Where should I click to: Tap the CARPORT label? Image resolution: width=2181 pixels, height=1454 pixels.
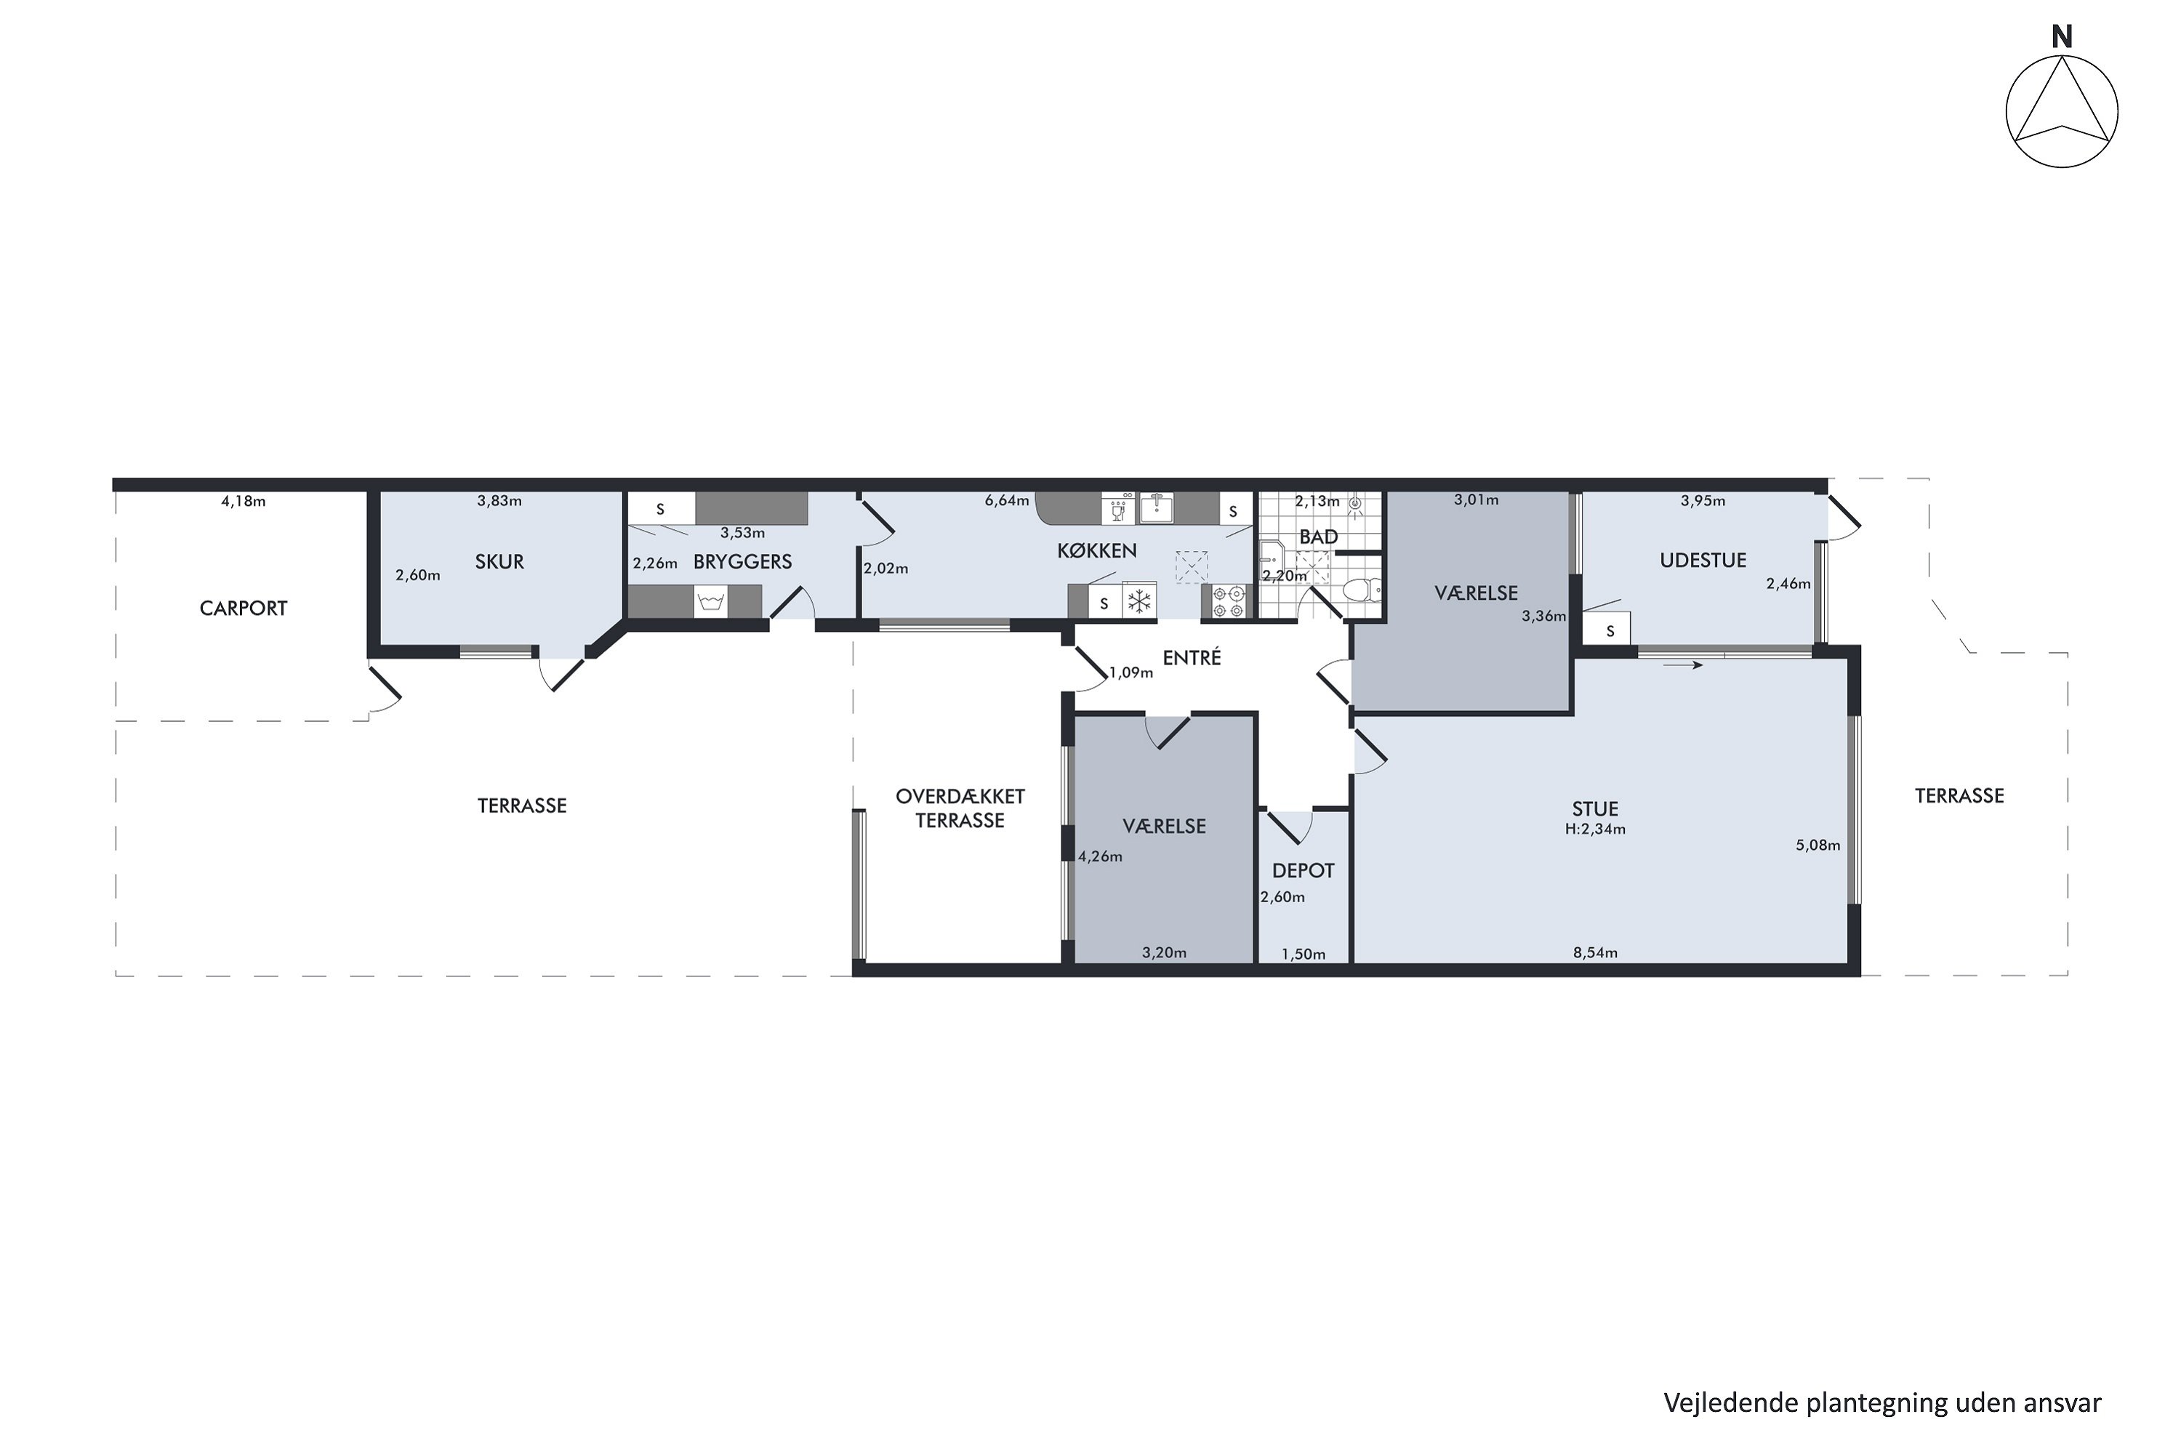tap(243, 608)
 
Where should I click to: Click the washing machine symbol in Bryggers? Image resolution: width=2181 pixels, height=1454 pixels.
tap(710, 602)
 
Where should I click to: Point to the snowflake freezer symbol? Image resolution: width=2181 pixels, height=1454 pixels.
tap(1138, 601)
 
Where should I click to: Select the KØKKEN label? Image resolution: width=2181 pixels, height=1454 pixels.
tap(1097, 551)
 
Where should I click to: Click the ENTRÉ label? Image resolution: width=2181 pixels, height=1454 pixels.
tap(1192, 657)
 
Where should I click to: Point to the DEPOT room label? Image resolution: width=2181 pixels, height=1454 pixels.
tap(1303, 871)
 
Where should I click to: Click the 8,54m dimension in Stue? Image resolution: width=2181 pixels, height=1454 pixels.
tap(1595, 952)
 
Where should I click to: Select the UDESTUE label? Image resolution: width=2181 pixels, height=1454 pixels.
tap(1703, 560)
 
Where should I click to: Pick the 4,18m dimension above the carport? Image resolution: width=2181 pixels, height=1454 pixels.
tap(243, 502)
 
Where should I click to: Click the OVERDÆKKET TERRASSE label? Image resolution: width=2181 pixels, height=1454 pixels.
tap(960, 808)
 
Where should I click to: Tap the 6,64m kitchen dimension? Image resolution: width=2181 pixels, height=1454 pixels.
tap(1007, 501)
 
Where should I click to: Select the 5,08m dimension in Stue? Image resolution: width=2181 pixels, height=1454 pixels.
tap(1817, 845)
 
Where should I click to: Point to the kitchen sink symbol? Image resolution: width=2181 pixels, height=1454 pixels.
tap(1157, 508)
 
